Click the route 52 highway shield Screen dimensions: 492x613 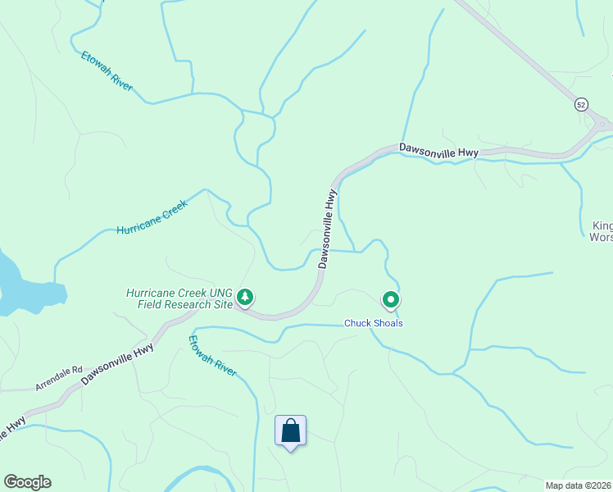point(581,104)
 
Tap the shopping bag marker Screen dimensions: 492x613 point(290,430)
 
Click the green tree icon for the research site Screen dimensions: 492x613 point(244,297)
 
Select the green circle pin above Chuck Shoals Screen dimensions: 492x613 point(391,300)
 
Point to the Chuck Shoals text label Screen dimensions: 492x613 point(373,323)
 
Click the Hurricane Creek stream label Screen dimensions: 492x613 point(152,217)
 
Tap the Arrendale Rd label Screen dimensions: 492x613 point(59,378)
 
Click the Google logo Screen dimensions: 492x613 point(27,482)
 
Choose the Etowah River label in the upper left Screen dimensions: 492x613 point(107,71)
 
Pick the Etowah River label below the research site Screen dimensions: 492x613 point(213,355)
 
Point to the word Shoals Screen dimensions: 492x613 point(388,323)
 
